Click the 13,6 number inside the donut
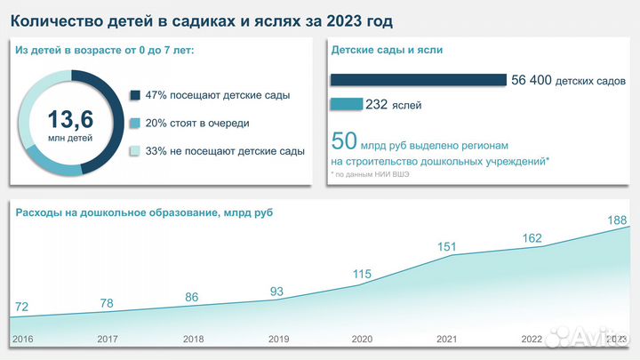(x=69, y=117)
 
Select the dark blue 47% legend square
(x=134, y=95)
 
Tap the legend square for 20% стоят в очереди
(x=134, y=123)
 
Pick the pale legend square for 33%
(x=134, y=151)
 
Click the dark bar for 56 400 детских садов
(x=418, y=80)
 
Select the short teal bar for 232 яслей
(x=346, y=104)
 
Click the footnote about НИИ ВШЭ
(x=372, y=174)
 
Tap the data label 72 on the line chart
(x=22, y=308)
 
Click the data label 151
(x=446, y=245)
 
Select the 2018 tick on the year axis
(x=193, y=339)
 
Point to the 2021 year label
(x=447, y=339)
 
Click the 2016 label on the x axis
(x=22, y=339)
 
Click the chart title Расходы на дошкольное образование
(x=142, y=212)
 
